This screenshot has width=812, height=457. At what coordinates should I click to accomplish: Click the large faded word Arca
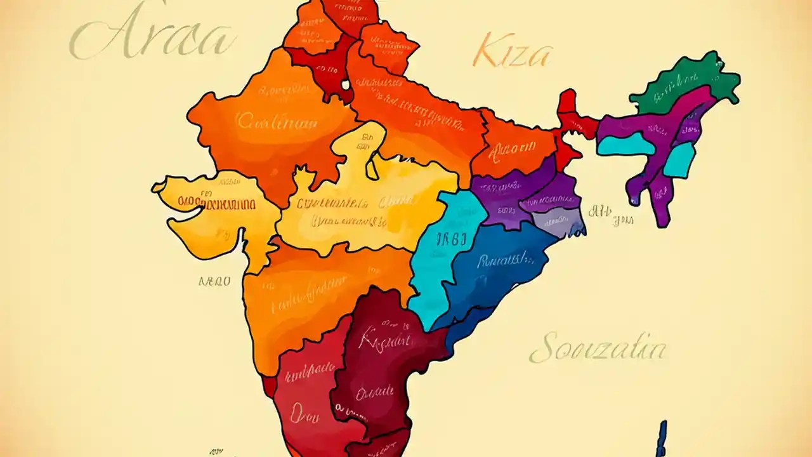pyautogui.click(x=152, y=39)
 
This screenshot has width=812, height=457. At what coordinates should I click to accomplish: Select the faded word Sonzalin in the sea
pyautogui.click(x=598, y=349)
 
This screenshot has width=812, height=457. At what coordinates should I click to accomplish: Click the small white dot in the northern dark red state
pyautogui.click(x=345, y=83)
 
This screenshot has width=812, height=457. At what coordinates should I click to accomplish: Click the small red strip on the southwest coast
pyautogui.click(x=269, y=385)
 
